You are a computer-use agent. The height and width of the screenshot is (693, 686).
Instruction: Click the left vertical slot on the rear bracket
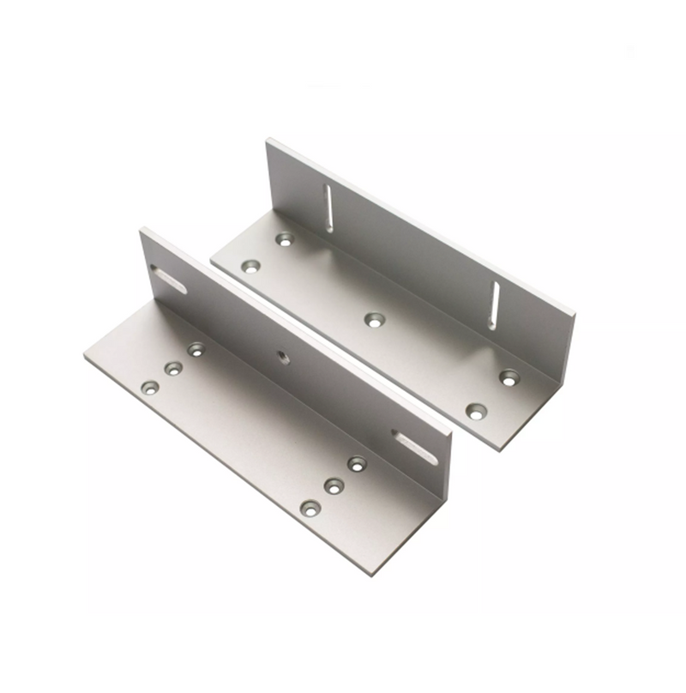(x=328, y=208)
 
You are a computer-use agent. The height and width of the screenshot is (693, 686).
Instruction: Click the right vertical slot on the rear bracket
(x=494, y=304)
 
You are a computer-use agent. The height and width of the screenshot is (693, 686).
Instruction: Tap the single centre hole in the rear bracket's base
(x=374, y=320)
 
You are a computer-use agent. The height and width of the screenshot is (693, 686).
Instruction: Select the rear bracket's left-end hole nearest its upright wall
(x=285, y=239)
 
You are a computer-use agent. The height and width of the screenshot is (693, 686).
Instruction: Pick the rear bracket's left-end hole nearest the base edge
(x=250, y=267)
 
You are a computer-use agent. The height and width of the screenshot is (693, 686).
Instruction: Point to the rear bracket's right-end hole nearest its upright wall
(x=510, y=377)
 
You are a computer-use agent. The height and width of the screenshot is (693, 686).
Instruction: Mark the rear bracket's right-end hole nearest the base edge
(x=476, y=411)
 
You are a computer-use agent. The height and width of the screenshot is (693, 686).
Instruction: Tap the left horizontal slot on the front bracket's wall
(x=168, y=280)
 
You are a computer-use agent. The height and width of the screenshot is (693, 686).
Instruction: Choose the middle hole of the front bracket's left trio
(x=173, y=369)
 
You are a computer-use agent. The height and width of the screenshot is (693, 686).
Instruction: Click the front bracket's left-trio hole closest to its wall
(x=196, y=349)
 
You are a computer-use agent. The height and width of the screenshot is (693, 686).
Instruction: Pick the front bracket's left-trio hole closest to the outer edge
(x=150, y=388)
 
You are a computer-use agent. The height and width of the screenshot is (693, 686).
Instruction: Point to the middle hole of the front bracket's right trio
(x=334, y=485)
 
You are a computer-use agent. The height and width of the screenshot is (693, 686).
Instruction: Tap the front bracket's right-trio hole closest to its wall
(x=357, y=464)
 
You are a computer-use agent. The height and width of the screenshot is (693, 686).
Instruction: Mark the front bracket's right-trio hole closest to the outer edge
(x=310, y=509)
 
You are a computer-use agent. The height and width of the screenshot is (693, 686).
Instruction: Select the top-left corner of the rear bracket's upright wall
(x=268, y=140)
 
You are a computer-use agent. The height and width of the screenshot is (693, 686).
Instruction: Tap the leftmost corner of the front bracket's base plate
(x=84, y=358)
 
